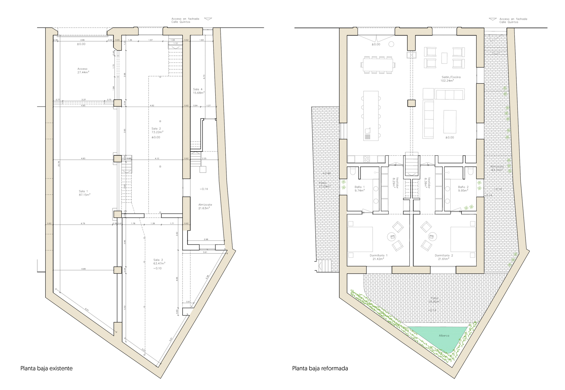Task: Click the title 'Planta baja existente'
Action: coord(46,368)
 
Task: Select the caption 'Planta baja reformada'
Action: coord(320,368)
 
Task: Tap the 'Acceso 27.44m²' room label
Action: coord(83,71)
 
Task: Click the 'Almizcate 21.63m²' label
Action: coord(205,206)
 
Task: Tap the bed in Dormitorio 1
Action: coord(360,240)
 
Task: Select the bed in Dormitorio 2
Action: coord(463,240)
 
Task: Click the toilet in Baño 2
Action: coord(470,171)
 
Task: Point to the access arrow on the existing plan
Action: coord(208,19)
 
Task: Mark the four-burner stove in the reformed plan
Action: coord(366,159)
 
